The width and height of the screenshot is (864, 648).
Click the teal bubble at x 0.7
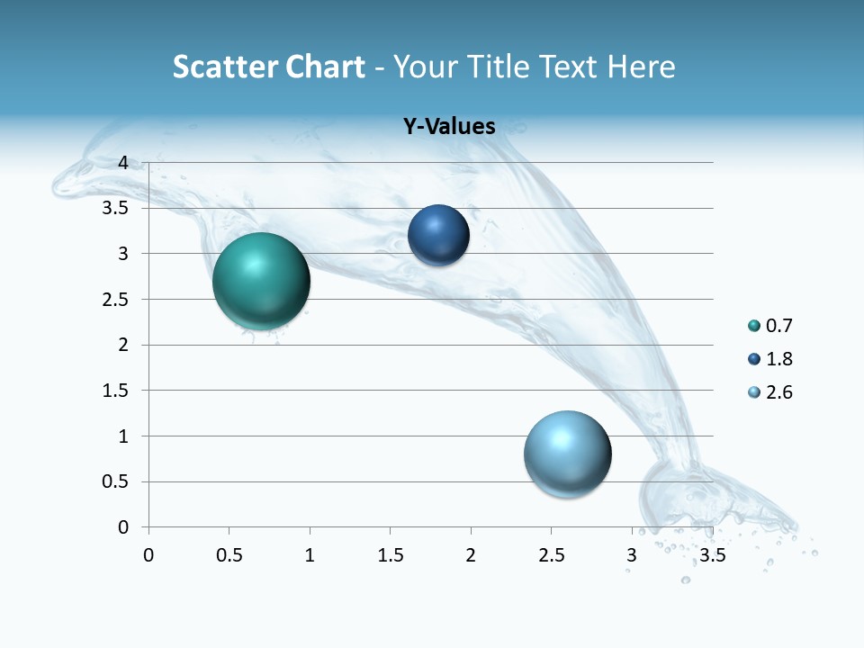point(261,281)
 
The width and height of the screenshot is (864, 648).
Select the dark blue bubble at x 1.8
point(438,235)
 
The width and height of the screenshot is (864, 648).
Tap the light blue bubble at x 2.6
point(567,454)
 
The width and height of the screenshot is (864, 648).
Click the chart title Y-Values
point(449,127)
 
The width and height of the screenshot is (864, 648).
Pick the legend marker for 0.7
point(753,326)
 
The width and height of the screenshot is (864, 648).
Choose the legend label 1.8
point(779,359)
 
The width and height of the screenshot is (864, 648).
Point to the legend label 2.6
point(779,392)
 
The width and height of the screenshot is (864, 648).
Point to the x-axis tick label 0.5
point(229,554)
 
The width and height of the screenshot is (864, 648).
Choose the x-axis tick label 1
point(310,554)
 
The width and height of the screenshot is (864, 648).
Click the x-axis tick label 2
point(471,554)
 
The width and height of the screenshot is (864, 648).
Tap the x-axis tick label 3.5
point(712,554)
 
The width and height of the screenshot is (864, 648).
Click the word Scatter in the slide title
point(220,67)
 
